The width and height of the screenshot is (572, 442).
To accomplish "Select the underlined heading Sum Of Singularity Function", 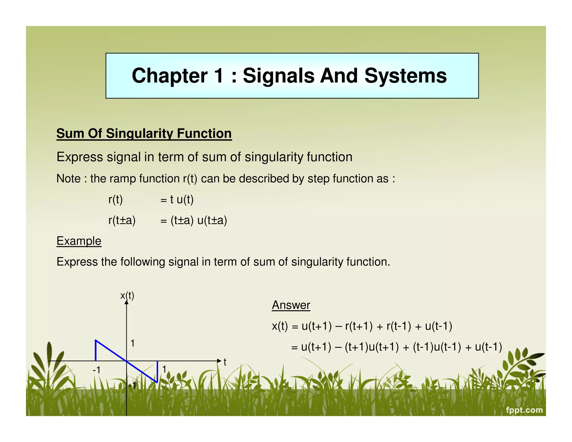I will click(x=144, y=134).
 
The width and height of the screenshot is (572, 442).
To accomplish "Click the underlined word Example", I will click(x=79, y=241).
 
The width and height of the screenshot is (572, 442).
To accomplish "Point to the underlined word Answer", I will click(x=291, y=305).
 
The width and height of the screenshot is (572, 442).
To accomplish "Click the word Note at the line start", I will click(x=68, y=179).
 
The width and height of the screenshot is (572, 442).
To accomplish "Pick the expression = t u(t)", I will click(x=177, y=199).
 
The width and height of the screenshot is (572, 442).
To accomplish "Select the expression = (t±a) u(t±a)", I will click(x=194, y=220).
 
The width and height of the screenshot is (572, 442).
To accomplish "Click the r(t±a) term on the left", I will click(x=122, y=220).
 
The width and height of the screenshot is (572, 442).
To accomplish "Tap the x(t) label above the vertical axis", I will click(x=127, y=295).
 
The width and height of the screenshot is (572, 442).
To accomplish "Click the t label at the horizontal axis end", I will click(x=225, y=362).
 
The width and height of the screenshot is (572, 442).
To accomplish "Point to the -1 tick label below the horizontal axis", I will click(x=96, y=370).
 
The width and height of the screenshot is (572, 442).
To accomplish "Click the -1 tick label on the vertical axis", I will click(x=132, y=386).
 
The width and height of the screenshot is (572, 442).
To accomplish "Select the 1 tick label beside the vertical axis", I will click(x=133, y=343).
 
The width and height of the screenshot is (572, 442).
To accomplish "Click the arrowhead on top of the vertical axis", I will click(x=127, y=302).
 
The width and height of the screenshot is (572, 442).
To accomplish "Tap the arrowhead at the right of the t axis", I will click(x=219, y=361).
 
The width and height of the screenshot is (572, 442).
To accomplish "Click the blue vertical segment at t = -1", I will click(x=96, y=351).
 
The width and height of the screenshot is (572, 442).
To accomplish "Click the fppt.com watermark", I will click(x=524, y=410).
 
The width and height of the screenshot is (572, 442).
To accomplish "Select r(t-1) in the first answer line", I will click(x=399, y=326).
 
